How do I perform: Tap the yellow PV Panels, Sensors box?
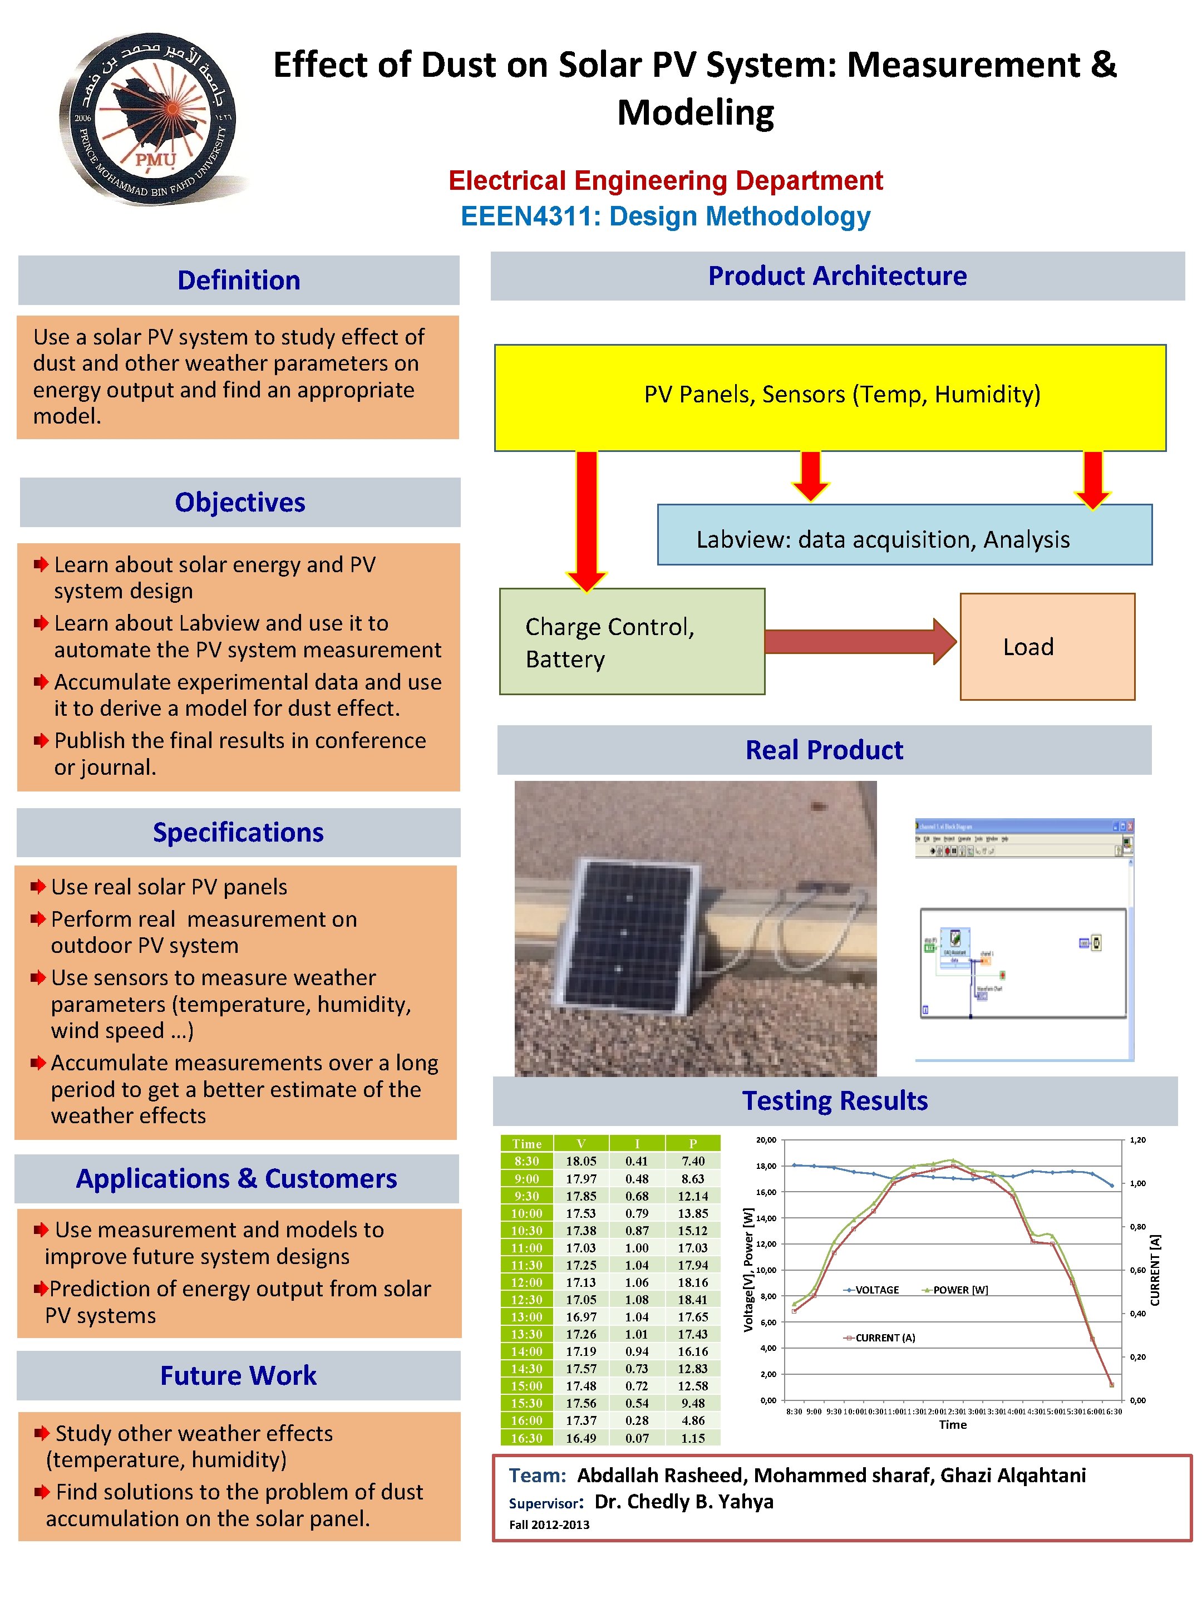click(830, 397)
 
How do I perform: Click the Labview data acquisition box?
click(904, 535)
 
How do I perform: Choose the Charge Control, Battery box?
click(632, 641)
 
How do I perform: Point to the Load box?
click(1046, 646)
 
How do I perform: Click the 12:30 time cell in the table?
click(527, 1299)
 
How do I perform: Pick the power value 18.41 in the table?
click(693, 1299)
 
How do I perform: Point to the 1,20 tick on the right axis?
click(1137, 1140)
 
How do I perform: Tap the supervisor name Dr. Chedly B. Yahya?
click(683, 1502)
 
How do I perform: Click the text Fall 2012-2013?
click(549, 1525)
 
